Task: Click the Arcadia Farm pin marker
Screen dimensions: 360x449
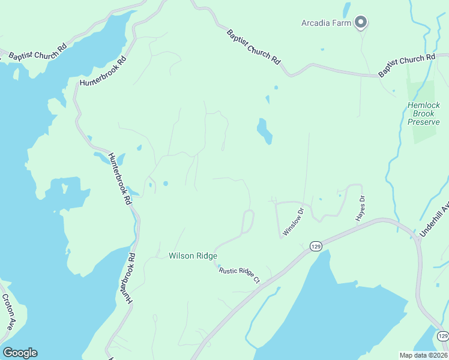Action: pos(361,23)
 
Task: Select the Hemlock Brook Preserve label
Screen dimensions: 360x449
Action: pos(424,113)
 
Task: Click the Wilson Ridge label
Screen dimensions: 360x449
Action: pos(193,256)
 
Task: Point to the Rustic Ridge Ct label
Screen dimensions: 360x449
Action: pos(239,275)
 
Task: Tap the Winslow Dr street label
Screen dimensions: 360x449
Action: pos(294,221)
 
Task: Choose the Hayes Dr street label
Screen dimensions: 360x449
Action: pos(361,208)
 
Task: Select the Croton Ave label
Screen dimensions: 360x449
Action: pos(7,312)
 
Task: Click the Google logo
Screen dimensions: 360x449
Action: pos(20,353)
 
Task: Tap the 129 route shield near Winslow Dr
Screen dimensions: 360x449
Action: pos(316,246)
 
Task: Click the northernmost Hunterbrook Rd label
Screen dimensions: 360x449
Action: pos(104,71)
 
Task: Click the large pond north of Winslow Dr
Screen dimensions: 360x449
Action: pos(265,131)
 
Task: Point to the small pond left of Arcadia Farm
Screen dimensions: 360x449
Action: pos(346,10)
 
